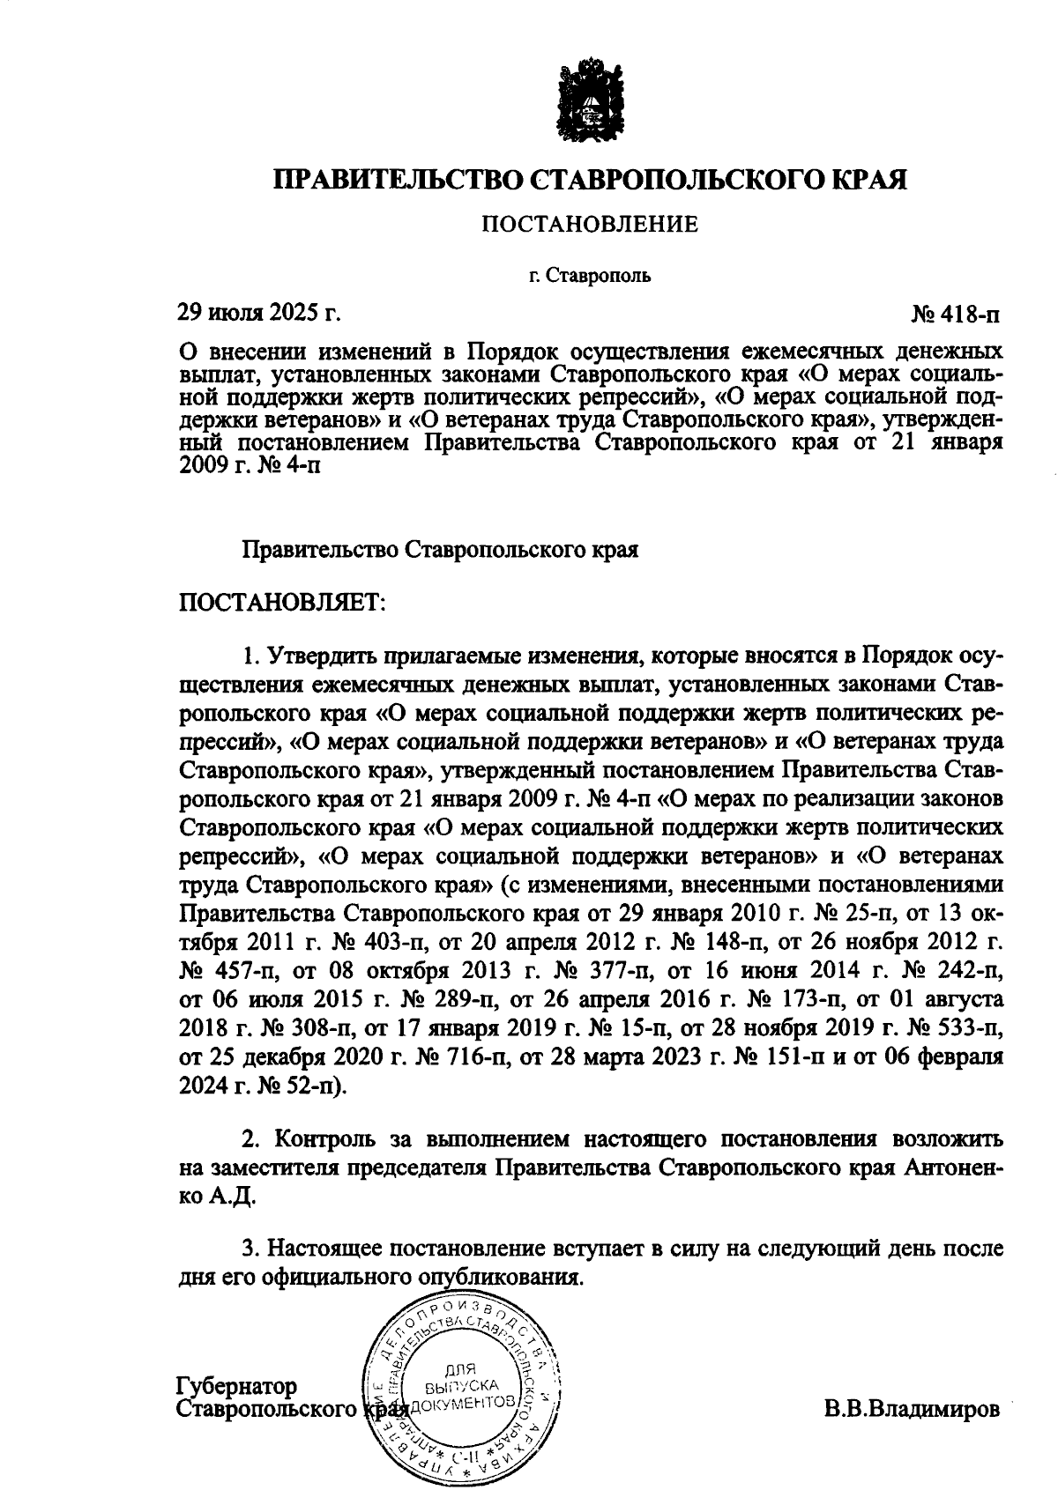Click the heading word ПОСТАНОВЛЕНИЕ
pos(589,226)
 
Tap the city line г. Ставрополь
pos(590,277)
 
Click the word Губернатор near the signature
pos(237,1386)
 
